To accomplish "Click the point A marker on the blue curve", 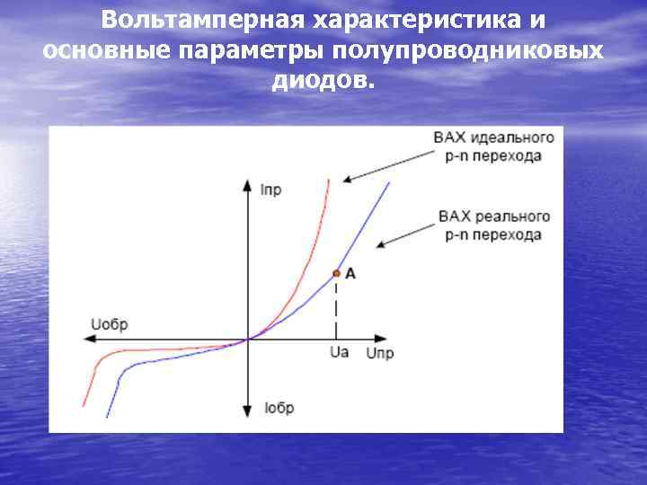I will click(x=336, y=273).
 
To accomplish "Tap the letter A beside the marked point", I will click(x=350, y=273).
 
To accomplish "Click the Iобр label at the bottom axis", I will click(x=279, y=408).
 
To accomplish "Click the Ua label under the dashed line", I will click(x=339, y=353).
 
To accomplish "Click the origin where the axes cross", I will click(x=247, y=339).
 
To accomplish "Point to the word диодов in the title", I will click(x=321, y=81).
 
